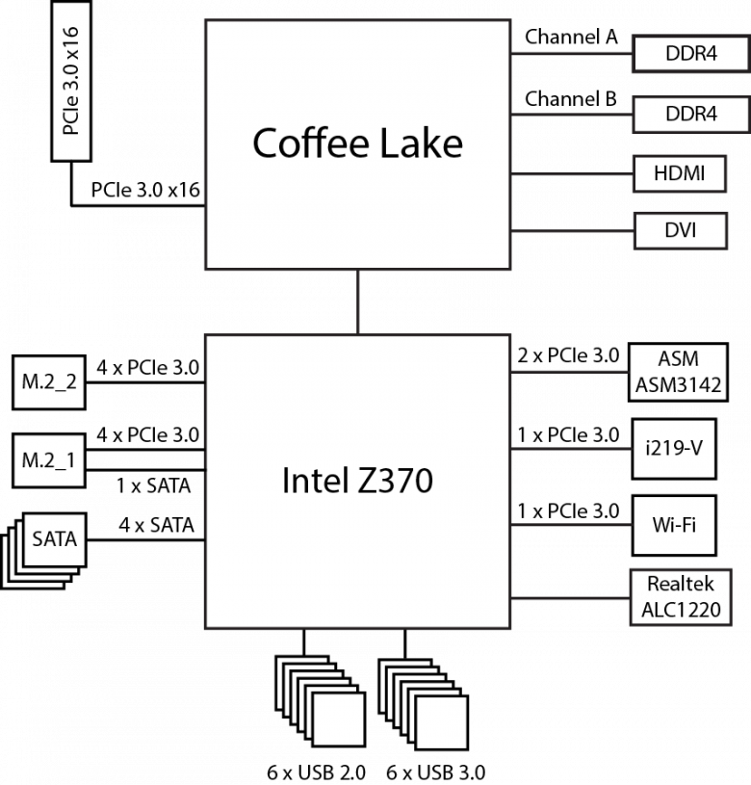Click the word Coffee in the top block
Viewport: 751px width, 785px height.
301,144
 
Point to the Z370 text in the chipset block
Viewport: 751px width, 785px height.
391,480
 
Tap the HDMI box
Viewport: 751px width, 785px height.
679,174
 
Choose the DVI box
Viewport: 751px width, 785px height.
679,230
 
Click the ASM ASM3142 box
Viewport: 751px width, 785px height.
678,373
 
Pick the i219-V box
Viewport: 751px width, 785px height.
674,448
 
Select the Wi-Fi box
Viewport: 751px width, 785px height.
674,525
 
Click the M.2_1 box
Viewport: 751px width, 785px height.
49,460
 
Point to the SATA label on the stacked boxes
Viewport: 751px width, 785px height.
54,538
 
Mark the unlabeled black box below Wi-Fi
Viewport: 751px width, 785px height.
680,597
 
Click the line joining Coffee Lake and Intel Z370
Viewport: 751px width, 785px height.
358,301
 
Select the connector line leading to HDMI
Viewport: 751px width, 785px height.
571,174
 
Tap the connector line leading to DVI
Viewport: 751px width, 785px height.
571,230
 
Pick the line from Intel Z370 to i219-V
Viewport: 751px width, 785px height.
571,448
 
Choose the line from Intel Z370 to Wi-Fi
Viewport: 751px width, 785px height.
571,525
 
